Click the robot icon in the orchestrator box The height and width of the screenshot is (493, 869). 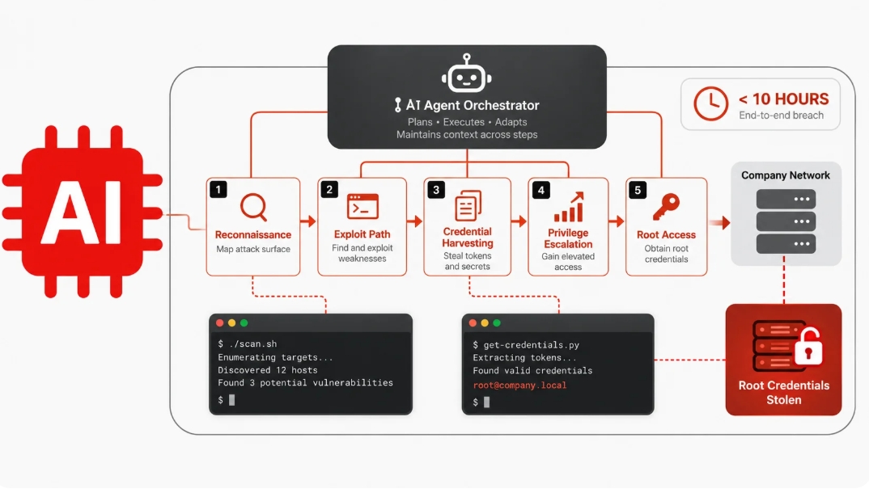coord(467,74)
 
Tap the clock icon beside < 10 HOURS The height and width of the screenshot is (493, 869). coord(710,103)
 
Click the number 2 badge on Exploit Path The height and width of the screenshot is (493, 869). coord(329,190)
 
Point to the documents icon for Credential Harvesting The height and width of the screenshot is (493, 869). coord(468,205)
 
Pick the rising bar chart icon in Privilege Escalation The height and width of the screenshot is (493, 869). coord(569,207)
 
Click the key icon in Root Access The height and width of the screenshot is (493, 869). coord(666,207)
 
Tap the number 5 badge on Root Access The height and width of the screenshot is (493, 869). coord(638,191)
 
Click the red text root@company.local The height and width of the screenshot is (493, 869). coord(519,385)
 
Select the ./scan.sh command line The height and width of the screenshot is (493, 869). coord(247,343)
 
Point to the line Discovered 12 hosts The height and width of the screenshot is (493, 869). coord(268,370)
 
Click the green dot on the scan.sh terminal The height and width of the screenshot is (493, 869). coord(244,323)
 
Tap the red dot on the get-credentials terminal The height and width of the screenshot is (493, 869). coord(473,323)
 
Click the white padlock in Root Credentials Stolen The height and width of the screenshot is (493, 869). coord(808,348)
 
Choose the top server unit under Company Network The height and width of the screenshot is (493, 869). coord(786,199)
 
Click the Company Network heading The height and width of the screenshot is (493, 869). coord(786,175)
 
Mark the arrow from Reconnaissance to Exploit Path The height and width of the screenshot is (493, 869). coord(308,221)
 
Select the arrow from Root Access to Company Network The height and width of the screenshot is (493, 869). coord(719,223)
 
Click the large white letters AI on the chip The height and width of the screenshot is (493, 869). coord(82,213)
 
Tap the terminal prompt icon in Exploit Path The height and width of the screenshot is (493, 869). coord(362,207)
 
